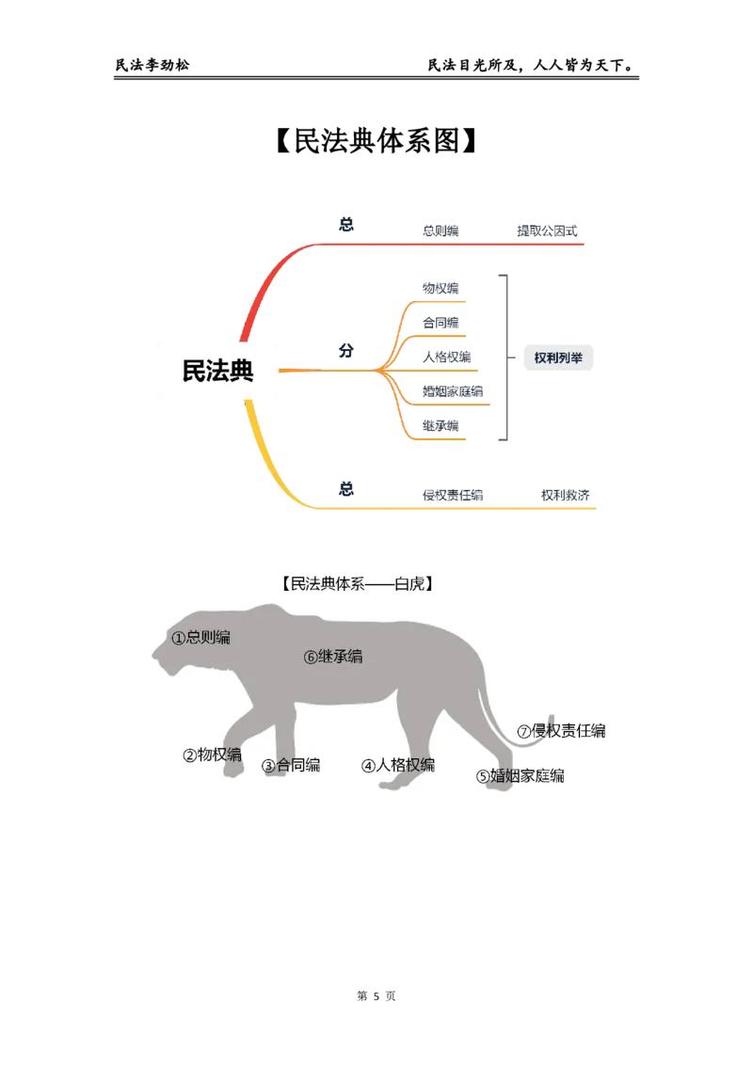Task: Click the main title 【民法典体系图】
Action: (x=376, y=140)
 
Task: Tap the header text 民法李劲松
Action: (x=152, y=65)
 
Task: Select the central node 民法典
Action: (x=217, y=371)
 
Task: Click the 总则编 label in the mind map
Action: (x=441, y=230)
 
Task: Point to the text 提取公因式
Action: (x=547, y=230)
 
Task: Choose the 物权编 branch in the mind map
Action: (x=441, y=289)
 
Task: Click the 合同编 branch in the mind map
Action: (x=441, y=323)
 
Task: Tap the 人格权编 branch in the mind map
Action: (x=446, y=357)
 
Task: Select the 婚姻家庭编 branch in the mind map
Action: (x=453, y=391)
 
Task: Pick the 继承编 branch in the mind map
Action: (x=441, y=426)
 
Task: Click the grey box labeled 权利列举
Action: (x=558, y=358)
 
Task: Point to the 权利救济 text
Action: (x=566, y=495)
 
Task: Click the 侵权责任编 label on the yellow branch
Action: (x=453, y=495)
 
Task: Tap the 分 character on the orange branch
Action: (x=346, y=351)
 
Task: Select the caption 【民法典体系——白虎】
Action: (x=358, y=583)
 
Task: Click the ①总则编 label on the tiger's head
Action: (x=200, y=637)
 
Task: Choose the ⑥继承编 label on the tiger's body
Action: (x=333, y=656)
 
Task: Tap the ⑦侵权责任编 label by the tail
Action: (x=561, y=731)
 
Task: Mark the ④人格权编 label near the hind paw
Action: (x=398, y=766)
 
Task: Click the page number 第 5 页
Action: (x=376, y=995)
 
